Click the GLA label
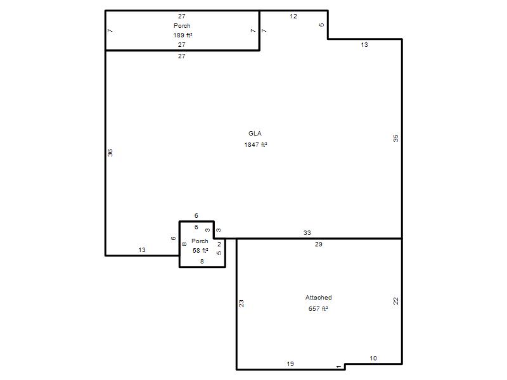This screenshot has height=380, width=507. click(x=255, y=134)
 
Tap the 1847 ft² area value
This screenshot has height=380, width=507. click(x=255, y=145)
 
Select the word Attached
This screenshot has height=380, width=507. click(x=319, y=297)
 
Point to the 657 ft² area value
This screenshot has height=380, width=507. click(x=318, y=308)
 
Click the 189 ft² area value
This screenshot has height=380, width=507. click(x=183, y=35)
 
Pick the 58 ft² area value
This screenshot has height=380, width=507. click(x=200, y=250)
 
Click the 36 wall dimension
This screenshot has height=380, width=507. click(x=110, y=153)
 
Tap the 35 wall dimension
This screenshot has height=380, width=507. click(x=395, y=138)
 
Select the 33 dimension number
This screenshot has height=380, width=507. click(x=307, y=232)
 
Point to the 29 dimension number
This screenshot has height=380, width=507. click(x=319, y=244)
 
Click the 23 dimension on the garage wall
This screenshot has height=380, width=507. click(x=241, y=303)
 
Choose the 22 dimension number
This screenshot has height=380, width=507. click(x=395, y=301)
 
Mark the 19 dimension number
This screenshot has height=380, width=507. click(x=290, y=364)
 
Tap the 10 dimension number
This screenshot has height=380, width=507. click(x=373, y=358)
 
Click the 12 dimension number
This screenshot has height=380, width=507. click(x=293, y=16)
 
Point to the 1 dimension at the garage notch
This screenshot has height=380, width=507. click(x=338, y=367)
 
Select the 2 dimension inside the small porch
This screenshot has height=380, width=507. click(x=219, y=244)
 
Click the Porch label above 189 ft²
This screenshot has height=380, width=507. click(x=182, y=25)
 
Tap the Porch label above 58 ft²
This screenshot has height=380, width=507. click(x=200, y=241)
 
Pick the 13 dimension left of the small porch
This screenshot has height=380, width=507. click(x=142, y=250)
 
